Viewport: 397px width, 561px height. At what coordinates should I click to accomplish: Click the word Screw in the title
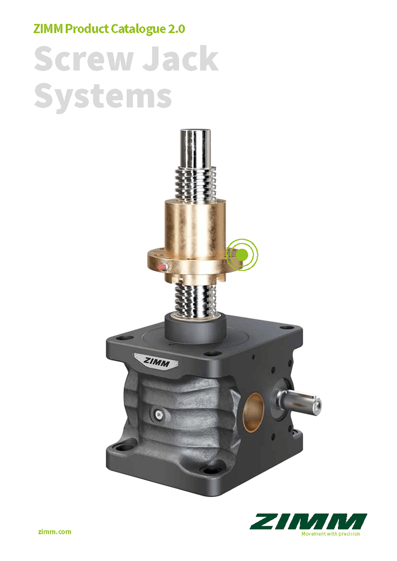click(84, 58)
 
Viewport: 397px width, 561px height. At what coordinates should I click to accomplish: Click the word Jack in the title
click(181, 58)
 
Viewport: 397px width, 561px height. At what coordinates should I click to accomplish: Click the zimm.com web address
click(55, 532)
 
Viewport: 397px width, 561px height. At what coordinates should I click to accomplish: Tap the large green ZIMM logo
click(308, 521)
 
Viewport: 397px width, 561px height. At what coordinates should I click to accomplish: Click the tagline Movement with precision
click(331, 534)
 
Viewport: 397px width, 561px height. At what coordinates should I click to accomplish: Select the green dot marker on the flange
click(242, 254)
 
